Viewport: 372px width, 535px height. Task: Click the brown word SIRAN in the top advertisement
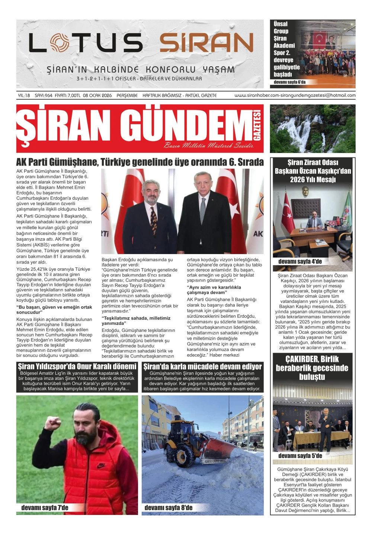pos(206,42)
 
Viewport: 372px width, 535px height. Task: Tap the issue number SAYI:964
pos(43,96)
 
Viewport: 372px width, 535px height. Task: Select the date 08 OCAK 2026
pos(97,96)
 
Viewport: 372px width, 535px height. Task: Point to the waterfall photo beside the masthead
pos(312,128)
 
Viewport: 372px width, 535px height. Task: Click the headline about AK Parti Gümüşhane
pos(140,162)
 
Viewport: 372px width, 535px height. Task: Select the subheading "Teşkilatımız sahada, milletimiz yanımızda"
pos(136,321)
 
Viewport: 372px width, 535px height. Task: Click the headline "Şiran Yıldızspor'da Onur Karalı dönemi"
pos(77,366)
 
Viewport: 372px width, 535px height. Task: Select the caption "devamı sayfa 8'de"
pos(168,508)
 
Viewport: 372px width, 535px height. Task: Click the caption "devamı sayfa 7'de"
pos(45,508)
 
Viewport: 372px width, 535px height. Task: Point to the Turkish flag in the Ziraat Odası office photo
pos(287,212)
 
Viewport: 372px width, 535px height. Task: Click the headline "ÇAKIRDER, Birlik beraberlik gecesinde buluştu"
pos(312,368)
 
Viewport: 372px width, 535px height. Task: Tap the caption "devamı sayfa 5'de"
pos(300,456)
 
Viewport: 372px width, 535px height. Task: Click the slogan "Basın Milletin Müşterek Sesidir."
pos(208,145)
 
